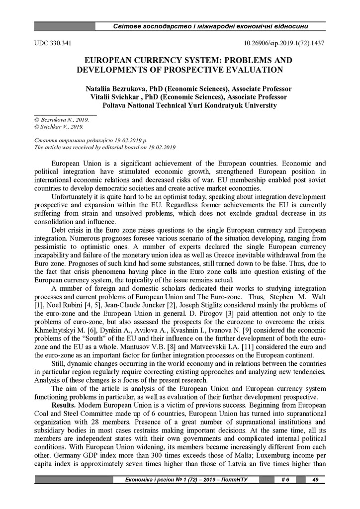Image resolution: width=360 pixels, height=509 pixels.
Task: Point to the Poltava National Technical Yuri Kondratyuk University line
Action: [x=189, y=105]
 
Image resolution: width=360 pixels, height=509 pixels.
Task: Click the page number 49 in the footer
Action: [x=315, y=480]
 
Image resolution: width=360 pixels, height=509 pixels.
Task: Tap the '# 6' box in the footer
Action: [x=285, y=480]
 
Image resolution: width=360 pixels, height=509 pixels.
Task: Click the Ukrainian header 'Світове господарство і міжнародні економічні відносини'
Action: [x=211, y=26]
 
